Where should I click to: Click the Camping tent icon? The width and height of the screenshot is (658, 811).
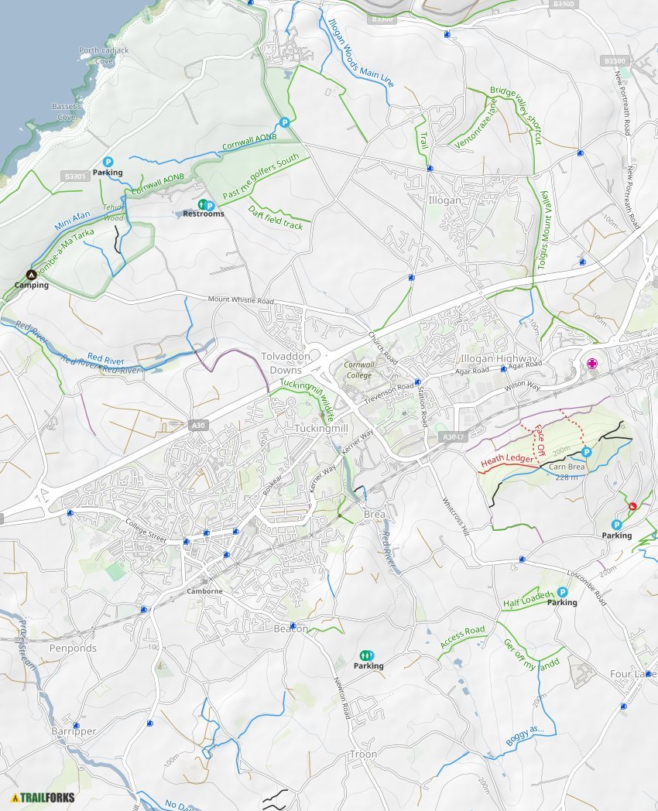click(x=32, y=274)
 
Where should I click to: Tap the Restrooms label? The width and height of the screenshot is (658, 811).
click(x=204, y=214)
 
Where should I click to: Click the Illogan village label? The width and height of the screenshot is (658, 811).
click(x=444, y=200)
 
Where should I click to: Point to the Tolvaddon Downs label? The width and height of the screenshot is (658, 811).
click(x=285, y=362)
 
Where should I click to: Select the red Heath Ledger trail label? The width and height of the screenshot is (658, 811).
click(x=507, y=460)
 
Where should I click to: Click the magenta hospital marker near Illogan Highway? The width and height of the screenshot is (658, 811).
click(x=592, y=364)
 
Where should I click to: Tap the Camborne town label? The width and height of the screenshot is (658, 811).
click(x=204, y=591)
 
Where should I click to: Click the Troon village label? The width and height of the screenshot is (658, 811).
click(x=363, y=754)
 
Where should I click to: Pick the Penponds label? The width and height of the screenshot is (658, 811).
click(x=73, y=648)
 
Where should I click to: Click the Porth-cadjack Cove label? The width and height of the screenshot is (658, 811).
click(x=96, y=55)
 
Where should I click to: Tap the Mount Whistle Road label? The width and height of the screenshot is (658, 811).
click(x=241, y=300)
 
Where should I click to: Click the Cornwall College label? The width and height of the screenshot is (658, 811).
click(x=358, y=370)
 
